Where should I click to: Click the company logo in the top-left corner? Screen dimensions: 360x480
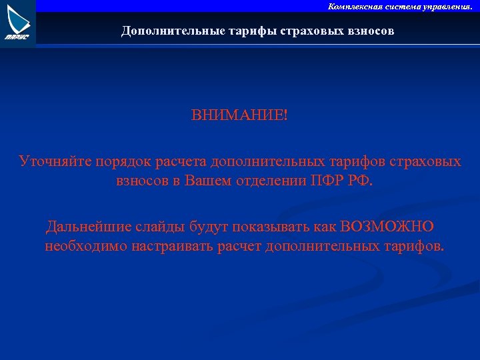[x=17, y=23]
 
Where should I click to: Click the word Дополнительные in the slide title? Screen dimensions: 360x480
[x=164, y=31]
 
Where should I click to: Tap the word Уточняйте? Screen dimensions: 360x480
[x=55, y=162]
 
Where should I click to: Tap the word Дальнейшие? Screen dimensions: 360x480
[x=89, y=227]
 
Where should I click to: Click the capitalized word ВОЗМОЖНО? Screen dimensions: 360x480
[x=387, y=227]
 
